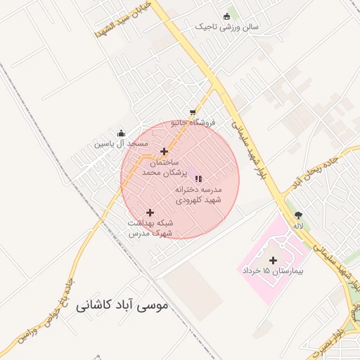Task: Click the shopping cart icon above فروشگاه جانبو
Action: pos(193,112)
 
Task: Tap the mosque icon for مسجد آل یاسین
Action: pos(121,133)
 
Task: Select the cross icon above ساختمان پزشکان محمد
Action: pos(164,151)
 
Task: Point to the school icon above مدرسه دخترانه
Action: pos(198,179)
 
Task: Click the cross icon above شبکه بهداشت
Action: pos(150,212)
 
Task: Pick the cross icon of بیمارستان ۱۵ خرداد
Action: pos(273,261)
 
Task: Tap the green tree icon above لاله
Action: pos(299,215)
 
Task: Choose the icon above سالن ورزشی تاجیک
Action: pos(226,17)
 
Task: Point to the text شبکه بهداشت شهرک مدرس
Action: pos(150,228)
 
